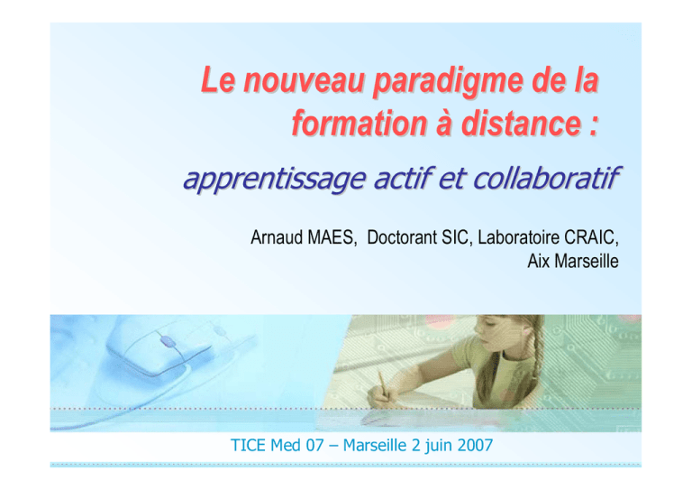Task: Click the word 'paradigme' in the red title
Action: click(x=449, y=81)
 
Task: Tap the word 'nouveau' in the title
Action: click(x=304, y=80)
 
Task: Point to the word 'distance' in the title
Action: click(x=522, y=123)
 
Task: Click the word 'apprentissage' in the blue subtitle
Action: click(x=275, y=179)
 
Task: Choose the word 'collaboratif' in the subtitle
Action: click(x=547, y=178)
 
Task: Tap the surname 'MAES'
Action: click(x=332, y=237)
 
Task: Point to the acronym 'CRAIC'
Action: click(x=591, y=237)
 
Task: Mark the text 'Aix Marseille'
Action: click(x=573, y=261)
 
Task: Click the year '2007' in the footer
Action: click(x=475, y=445)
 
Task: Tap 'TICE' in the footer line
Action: click(x=248, y=445)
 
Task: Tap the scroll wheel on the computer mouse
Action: click(x=167, y=341)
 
